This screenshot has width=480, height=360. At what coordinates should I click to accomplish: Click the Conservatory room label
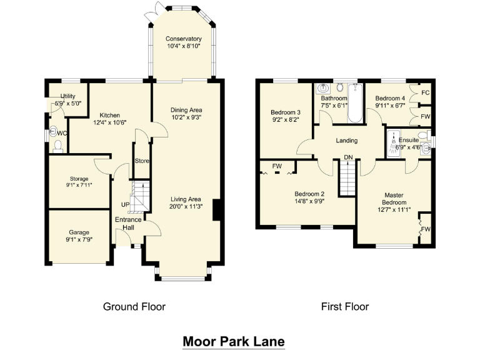coord(184,39)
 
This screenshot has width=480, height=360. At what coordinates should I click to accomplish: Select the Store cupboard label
coord(142,161)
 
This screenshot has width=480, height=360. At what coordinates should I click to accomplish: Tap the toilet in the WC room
coord(57,146)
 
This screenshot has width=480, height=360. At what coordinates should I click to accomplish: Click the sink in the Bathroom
coord(324,88)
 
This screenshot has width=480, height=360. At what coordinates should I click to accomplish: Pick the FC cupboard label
coord(426,92)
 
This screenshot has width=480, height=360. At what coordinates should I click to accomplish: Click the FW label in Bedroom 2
coord(277,166)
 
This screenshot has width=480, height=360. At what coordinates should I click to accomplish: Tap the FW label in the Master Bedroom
coord(426,229)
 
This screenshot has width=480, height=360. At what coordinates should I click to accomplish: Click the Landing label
coord(346,141)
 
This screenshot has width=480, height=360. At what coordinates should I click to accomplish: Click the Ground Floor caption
coord(134,306)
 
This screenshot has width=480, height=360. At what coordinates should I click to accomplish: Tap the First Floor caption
coord(344,306)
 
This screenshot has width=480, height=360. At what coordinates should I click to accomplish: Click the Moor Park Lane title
coord(233,342)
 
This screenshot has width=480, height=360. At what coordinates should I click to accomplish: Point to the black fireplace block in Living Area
coord(216,210)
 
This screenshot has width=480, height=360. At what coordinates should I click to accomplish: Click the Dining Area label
coord(186,110)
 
